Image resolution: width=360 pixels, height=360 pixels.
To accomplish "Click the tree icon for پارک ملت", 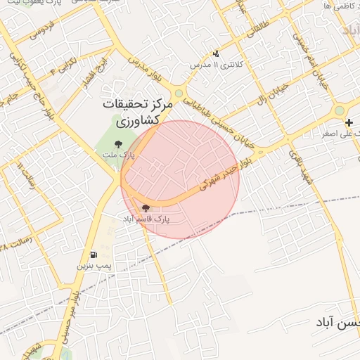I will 127,144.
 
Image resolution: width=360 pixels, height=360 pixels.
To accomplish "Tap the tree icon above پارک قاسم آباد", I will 146,208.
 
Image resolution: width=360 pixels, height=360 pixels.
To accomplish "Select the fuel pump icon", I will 94,255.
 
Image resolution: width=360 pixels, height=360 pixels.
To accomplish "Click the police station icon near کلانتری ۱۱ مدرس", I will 216,53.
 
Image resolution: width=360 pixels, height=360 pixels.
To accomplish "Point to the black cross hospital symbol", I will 349,122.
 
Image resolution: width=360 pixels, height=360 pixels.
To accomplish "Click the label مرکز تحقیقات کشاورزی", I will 136,112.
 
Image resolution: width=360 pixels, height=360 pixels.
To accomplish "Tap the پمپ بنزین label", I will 94,266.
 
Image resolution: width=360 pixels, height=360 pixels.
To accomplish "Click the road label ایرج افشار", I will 91,72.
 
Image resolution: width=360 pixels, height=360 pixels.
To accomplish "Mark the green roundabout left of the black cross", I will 340,110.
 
